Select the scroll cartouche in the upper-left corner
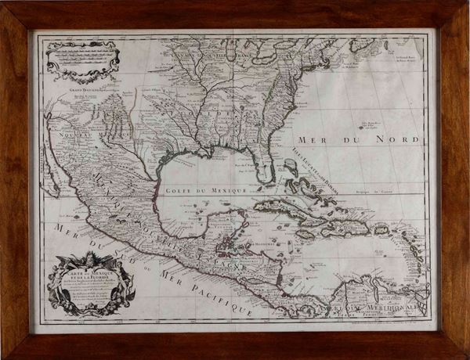pyautogui.click(x=82, y=59)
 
